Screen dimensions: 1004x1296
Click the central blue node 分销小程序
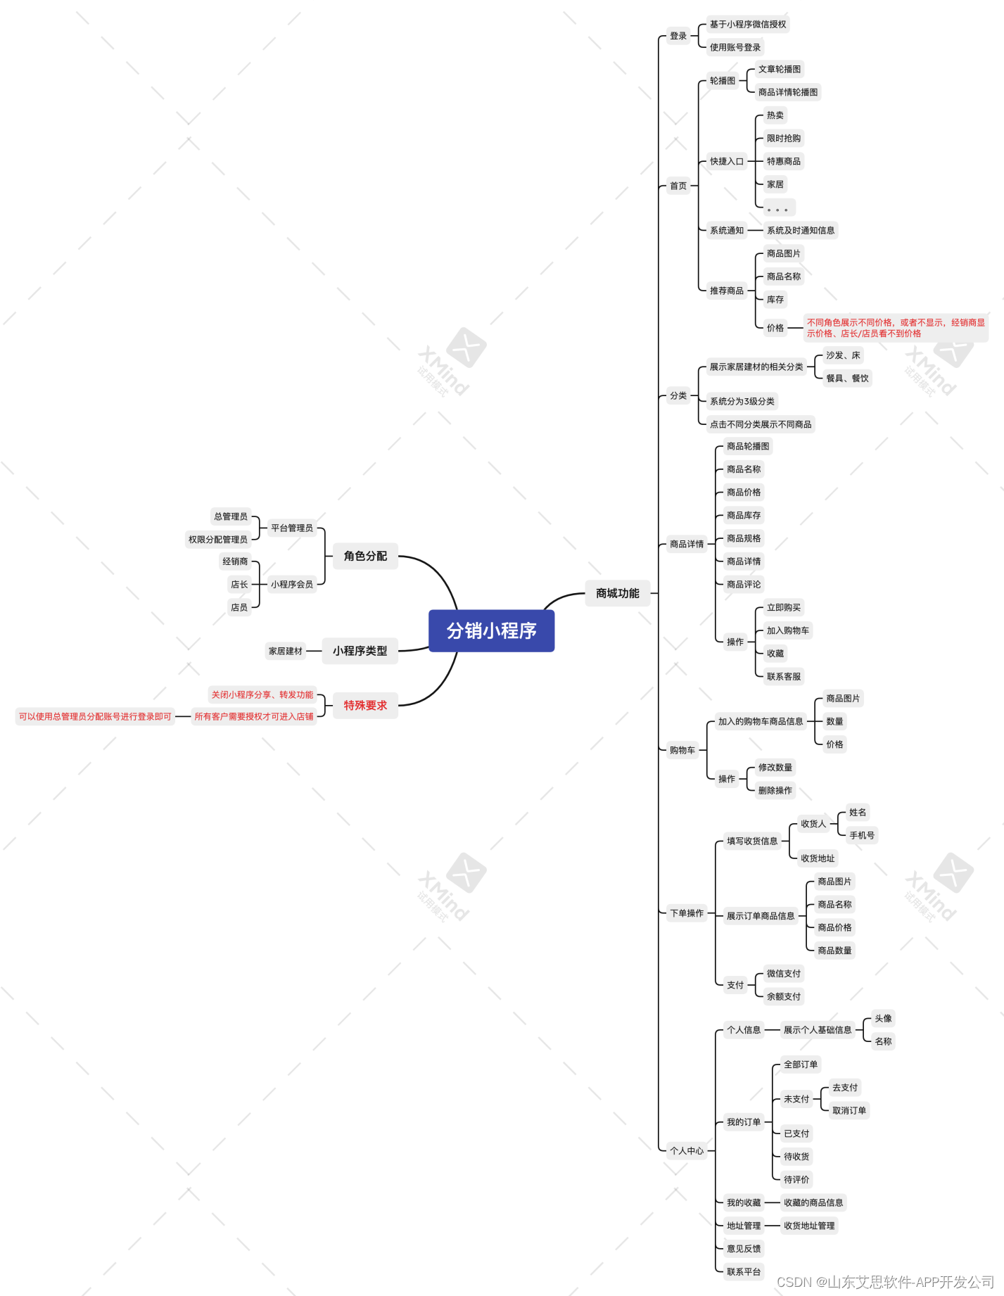[x=491, y=630]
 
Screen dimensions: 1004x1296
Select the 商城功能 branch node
[x=617, y=593]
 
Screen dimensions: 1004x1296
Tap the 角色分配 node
[x=365, y=556]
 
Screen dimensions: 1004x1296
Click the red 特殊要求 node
[x=365, y=705]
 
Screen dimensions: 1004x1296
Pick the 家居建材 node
[x=285, y=651]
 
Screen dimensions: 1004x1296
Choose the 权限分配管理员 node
[x=217, y=540]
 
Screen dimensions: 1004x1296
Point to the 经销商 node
[x=235, y=561]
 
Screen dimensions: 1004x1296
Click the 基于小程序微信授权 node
[x=747, y=25]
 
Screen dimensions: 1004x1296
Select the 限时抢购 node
[x=783, y=139]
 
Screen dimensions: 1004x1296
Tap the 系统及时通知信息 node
[x=800, y=230]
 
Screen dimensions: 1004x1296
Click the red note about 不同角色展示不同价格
[x=895, y=328]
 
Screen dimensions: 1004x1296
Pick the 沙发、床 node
[x=842, y=355]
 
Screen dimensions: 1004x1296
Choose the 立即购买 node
[x=783, y=607]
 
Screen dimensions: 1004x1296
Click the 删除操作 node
[x=775, y=790]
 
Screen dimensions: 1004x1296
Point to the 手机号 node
[x=861, y=835]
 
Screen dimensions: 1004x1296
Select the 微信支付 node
[x=783, y=974]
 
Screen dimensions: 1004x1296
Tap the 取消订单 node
[x=849, y=1110]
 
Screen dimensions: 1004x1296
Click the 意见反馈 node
[x=743, y=1249]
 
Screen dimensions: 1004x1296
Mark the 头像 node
[x=882, y=1018]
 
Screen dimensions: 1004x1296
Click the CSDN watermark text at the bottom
[x=884, y=1282]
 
